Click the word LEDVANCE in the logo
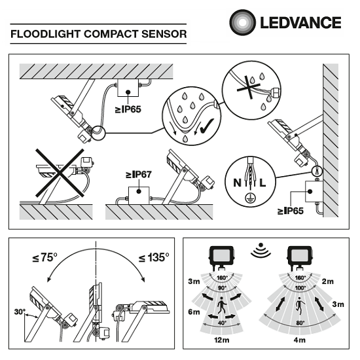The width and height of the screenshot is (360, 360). tap(301, 23)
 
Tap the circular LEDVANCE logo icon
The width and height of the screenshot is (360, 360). tap(242, 22)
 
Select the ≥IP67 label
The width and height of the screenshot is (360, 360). tap(138, 175)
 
